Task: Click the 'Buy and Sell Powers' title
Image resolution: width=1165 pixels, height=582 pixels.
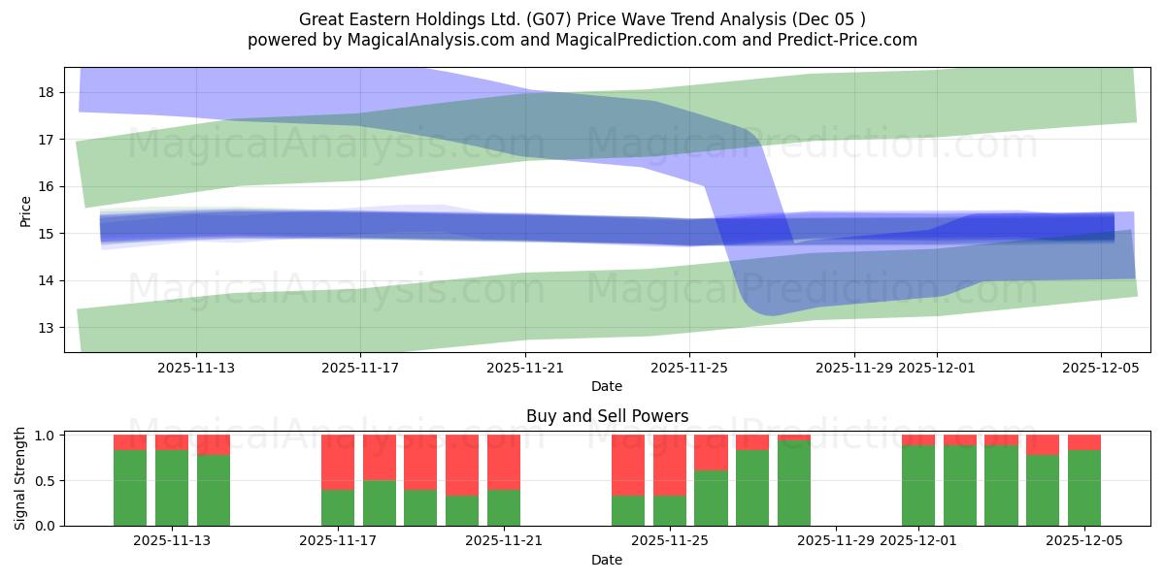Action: point(607,416)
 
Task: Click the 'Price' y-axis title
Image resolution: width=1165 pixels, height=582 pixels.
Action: point(25,210)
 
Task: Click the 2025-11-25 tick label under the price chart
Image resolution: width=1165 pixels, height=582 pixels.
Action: point(689,368)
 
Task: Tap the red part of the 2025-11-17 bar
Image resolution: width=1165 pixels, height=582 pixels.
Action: point(338,462)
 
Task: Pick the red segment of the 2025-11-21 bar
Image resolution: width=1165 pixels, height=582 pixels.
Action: point(504,462)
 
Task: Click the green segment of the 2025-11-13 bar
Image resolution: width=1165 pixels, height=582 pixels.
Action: point(172,488)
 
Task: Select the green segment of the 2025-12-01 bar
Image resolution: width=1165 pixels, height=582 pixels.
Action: point(918,485)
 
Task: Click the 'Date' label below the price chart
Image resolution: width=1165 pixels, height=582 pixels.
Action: point(607,386)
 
